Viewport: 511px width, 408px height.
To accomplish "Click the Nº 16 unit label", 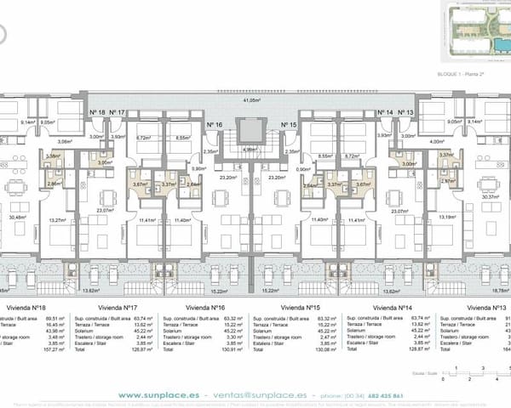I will pyautogui.click(x=215, y=124).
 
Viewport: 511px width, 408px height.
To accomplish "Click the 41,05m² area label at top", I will pyautogui.click(x=251, y=101).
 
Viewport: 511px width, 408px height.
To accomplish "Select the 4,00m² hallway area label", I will pyautogui.click(x=438, y=142).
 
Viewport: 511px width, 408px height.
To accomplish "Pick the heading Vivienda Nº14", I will pyautogui.click(x=393, y=306).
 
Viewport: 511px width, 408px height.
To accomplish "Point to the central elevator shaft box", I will pyautogui.click(x=251, y=132).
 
